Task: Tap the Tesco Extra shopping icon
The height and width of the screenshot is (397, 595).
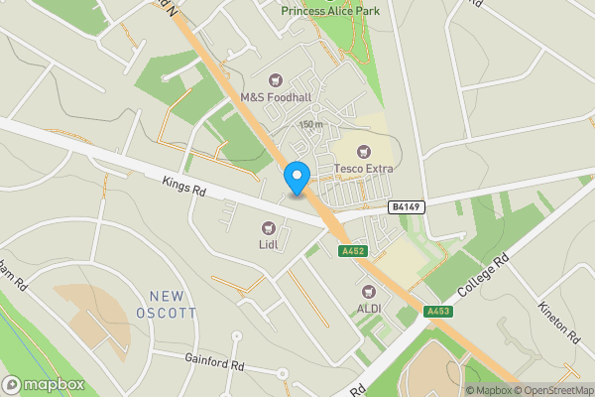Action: click(x=364, y=151)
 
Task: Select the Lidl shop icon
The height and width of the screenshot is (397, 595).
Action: click(x=268, y=229)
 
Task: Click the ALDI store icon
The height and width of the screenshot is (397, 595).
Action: click(x=369, y=292)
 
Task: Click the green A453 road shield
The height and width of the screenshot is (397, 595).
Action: click(x=437, y=312)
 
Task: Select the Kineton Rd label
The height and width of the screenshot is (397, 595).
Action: click(x=559, y=322)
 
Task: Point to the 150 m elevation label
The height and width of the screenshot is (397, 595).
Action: click(x=311, y=124)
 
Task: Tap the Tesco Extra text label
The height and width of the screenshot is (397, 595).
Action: click(x=364, y=169)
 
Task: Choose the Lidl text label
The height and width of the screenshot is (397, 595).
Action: click(x=268, y=244)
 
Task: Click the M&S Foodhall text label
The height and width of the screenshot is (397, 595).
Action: click(x=276, y=98)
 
